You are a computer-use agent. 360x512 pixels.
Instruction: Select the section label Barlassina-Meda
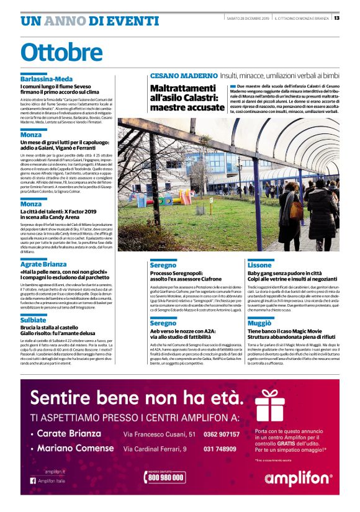(47, 79)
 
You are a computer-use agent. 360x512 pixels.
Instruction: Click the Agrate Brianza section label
(43, 264)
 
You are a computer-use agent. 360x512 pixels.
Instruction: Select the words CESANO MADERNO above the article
(183, 75)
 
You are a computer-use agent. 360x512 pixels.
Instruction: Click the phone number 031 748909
(222, 448)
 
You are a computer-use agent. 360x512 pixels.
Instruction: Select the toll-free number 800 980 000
(166, 477)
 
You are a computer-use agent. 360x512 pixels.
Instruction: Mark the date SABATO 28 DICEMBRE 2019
(247, 18)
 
